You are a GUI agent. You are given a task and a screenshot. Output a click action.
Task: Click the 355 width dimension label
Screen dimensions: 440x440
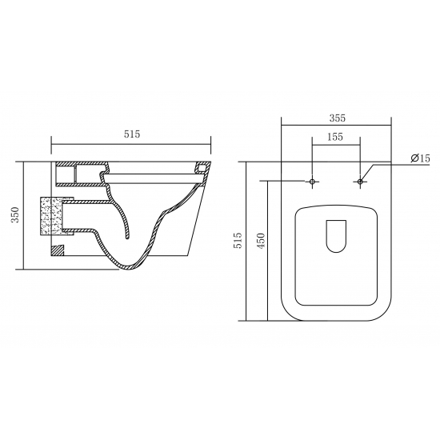pos(338,118)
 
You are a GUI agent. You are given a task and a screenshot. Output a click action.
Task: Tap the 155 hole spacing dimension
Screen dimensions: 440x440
pos(335,137)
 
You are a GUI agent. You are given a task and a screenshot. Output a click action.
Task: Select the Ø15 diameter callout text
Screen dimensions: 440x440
pos(420,158)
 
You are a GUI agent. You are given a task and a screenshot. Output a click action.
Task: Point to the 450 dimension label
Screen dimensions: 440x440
pos(261,241)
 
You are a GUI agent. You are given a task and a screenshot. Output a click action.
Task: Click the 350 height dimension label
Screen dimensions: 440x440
pos(14,214)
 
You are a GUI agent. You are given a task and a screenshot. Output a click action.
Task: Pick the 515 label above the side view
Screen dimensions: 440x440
pos(132,134)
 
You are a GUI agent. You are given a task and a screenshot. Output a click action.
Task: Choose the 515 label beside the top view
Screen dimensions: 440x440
pos(238,240)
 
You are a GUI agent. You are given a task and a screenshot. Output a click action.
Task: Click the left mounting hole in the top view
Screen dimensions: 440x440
pos(312,182)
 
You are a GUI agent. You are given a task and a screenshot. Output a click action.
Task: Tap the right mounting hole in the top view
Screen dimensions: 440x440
pos(360,182)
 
